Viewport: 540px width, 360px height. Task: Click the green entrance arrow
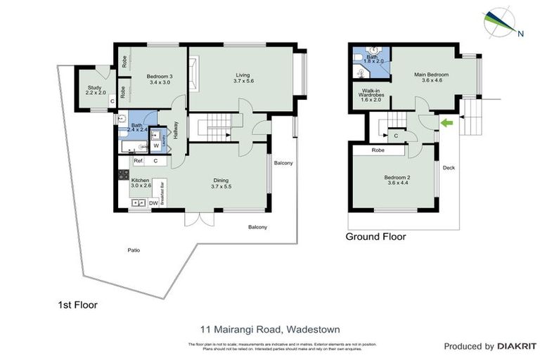point(446,123)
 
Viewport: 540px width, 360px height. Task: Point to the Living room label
point(243,78)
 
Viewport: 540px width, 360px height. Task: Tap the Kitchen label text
point(141,184)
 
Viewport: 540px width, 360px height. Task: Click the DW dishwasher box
point(153,203)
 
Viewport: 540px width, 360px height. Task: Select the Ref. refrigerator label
point(139,161)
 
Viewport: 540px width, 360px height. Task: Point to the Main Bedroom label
point(431,77)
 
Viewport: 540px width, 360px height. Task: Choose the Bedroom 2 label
point(397,181)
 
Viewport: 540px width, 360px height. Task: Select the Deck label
point(449,167)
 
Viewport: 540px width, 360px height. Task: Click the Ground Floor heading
point(375,237)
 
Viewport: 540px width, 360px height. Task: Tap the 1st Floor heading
point(77,305)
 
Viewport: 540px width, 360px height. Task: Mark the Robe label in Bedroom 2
point(378,150)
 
